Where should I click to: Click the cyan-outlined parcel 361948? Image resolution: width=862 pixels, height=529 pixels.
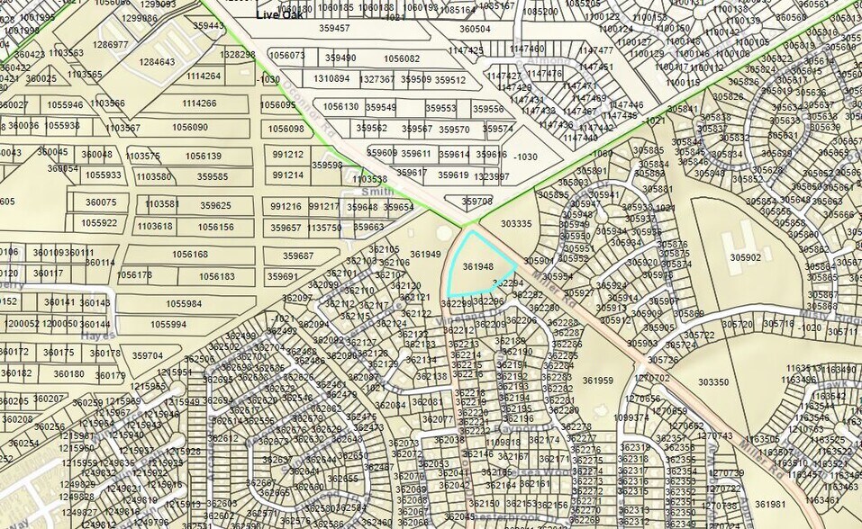[x=477, y=267]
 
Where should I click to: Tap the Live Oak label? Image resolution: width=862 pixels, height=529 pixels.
[x=278, y=14]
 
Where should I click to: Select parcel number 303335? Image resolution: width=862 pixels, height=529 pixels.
[x=516, y=223]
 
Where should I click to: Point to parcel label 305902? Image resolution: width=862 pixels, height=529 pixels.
[x=745, y=257]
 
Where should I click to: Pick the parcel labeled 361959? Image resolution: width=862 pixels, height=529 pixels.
[x=597, y=381]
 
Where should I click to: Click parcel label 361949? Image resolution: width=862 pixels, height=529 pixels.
[x=425, y=255]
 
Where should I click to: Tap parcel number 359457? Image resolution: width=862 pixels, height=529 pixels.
[x=335, y=29]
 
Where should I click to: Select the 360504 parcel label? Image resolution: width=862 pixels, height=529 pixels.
[x=476, y=29]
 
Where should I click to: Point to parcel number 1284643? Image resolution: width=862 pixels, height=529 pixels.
[x=157, y=62]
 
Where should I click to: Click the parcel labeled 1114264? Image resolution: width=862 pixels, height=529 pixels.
[x=203, y=76]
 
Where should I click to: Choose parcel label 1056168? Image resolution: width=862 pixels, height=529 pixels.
[x=190, y=255]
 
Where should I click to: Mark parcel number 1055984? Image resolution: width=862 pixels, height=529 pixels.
[x=184, y=304]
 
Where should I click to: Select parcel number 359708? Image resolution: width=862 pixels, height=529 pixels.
[x=477, y=202]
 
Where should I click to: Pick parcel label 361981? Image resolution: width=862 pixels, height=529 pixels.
[x=770, y=504]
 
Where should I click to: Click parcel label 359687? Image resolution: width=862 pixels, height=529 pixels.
[x=298, y=256]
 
